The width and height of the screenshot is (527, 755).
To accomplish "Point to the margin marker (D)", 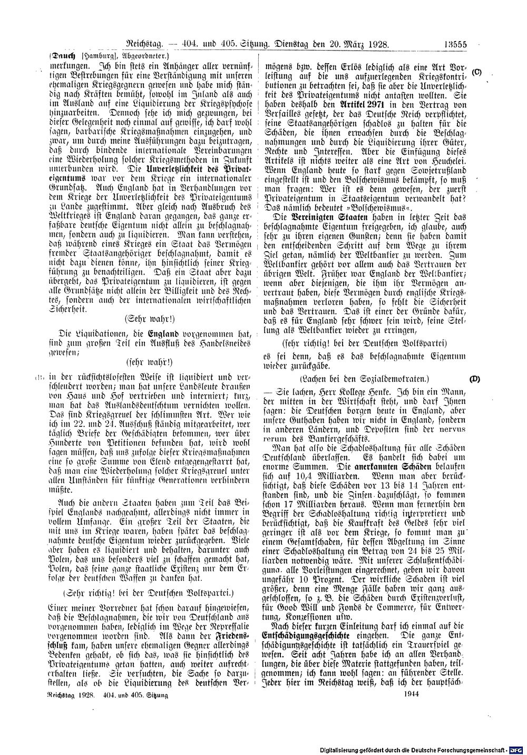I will click(474, 379).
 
